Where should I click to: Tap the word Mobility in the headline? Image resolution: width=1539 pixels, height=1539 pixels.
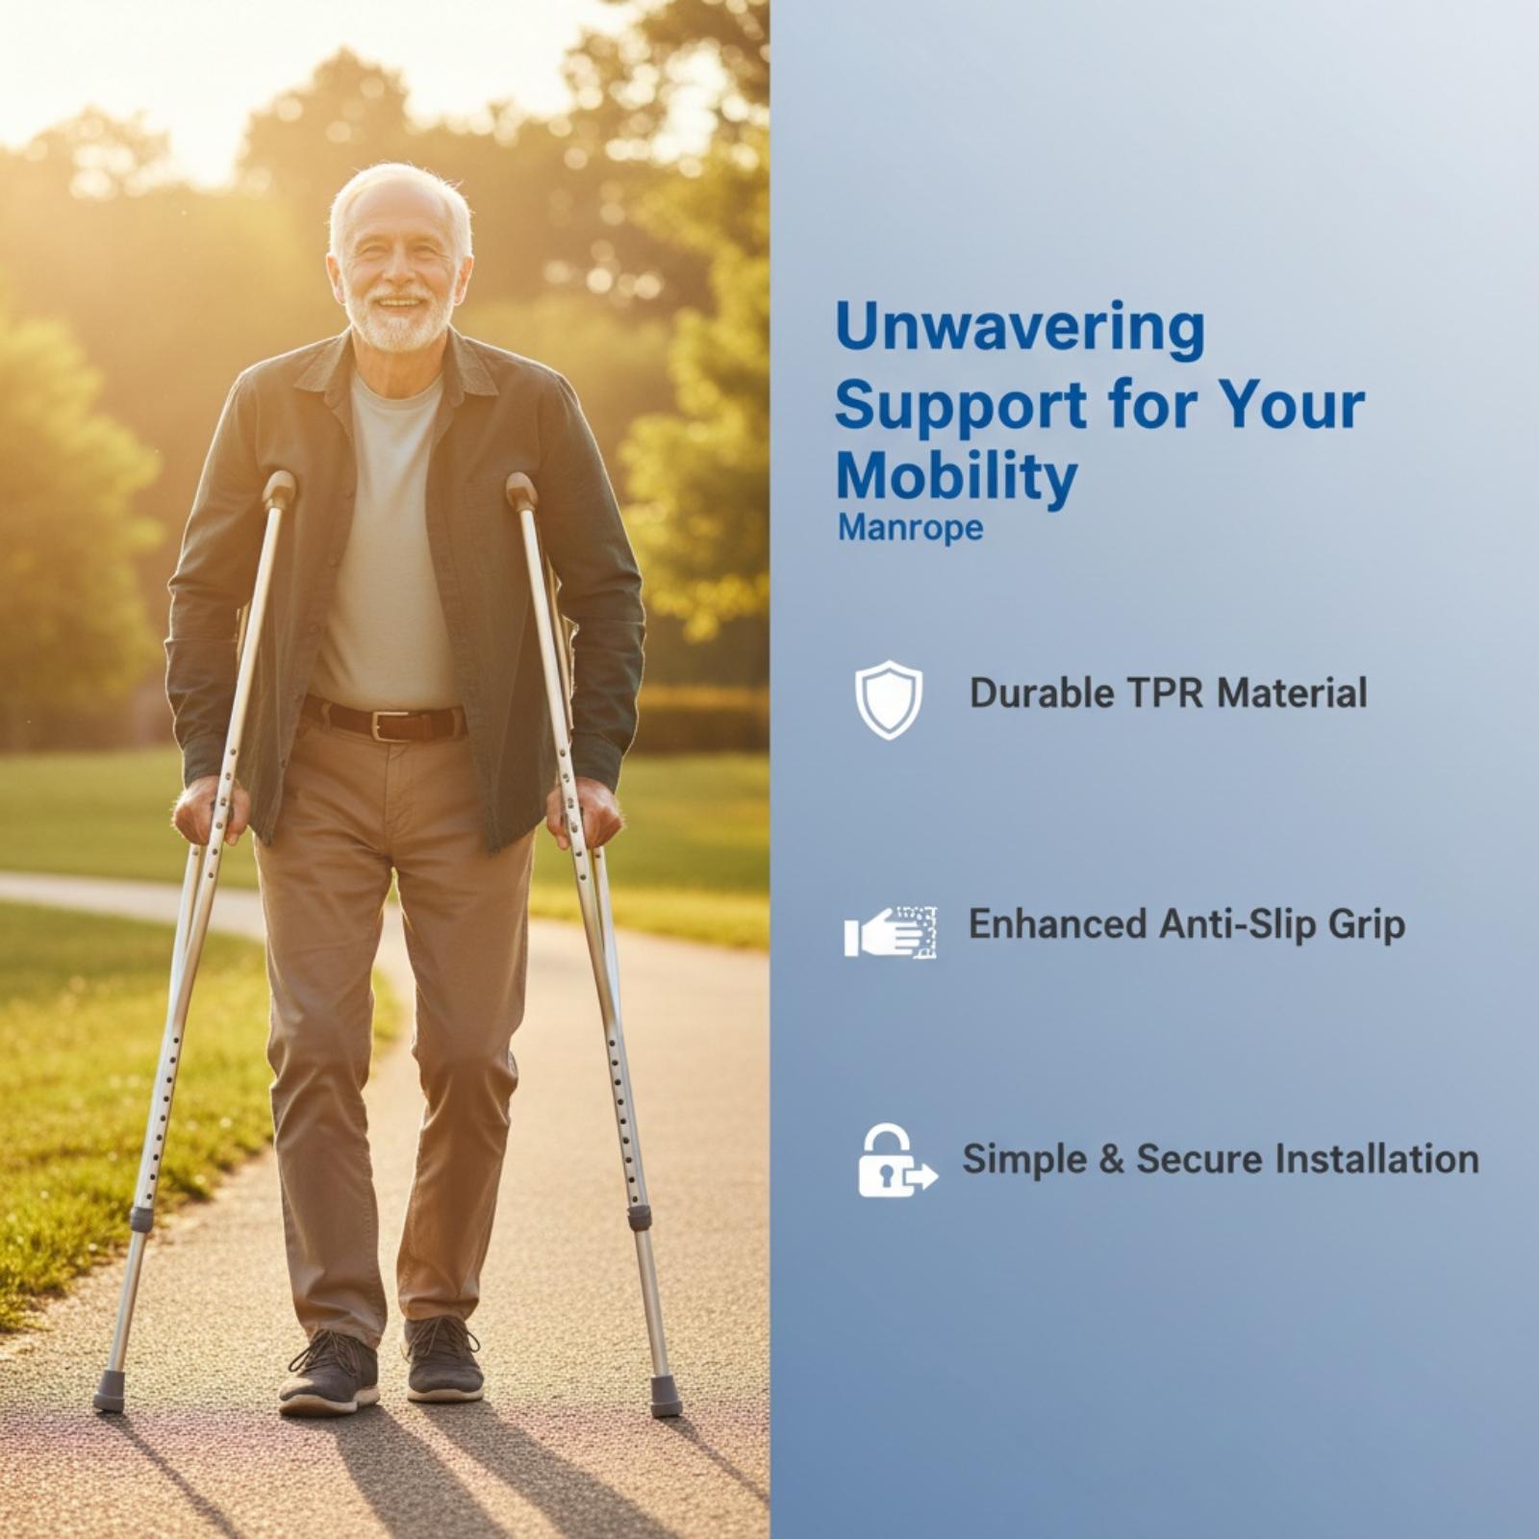click(956, 479)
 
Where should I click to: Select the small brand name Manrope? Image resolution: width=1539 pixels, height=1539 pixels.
click(910, 528)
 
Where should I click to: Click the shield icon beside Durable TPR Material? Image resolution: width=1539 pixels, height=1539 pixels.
click(889, 699)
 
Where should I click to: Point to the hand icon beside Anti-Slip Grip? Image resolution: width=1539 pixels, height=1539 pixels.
click(891, 931)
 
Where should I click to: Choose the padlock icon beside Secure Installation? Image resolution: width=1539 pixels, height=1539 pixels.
click(896, 1160)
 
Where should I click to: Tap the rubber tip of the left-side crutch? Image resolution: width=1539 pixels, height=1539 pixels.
click(110, 1392)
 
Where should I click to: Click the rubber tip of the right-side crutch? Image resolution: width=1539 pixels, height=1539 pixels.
click(665, 1397)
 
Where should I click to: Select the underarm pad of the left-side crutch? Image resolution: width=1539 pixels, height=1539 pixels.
click(280, 489)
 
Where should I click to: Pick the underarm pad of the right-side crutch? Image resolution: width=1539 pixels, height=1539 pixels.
click(520, 491)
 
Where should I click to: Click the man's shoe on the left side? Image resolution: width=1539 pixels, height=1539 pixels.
click(327, 1373)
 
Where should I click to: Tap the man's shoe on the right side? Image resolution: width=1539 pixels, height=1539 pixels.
click(443, 1359)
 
